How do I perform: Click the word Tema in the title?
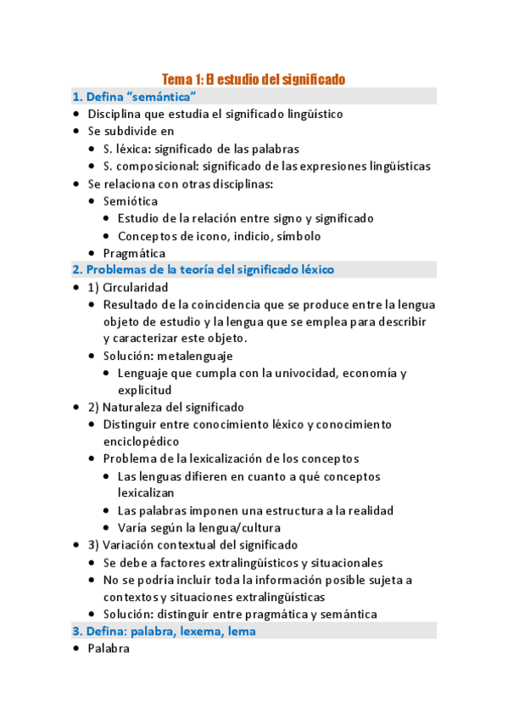point(176,79)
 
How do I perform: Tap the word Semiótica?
point(130,200)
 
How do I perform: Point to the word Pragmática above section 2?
point(134,252)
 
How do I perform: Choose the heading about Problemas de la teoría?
point(204,270)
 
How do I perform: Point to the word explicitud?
point(145,391)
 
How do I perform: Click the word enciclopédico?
point(141,442)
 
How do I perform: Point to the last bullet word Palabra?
point(109,648)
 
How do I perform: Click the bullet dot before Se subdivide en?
point(76,132)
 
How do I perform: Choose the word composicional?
point(158,166)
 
